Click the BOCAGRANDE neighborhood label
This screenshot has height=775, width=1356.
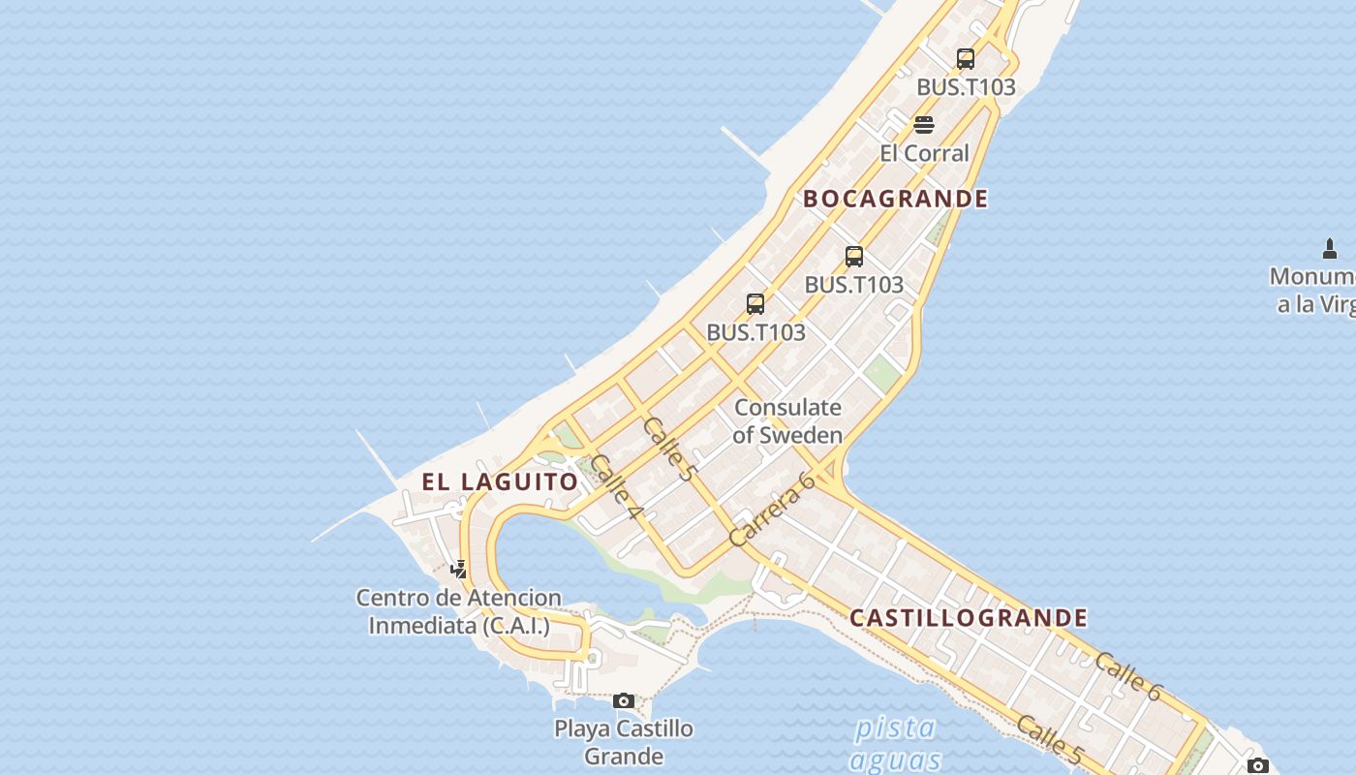tap(896, 199)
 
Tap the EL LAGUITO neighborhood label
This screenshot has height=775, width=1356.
tap(500, 481)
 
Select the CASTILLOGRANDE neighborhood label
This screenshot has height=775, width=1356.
tap(969, 618)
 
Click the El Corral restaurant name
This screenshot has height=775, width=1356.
tap(924, 153)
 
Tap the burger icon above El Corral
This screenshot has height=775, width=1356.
tap(924, 125)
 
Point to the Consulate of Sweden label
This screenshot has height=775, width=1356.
tap(787, 421)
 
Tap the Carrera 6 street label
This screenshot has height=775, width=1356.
tap(772, 511)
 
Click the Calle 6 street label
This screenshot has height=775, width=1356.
tap(1128, 676)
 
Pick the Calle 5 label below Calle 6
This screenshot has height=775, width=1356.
tap(1049, 739)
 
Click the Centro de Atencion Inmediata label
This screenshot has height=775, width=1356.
tap(459, 612)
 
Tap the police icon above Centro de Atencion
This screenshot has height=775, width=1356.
tap(459, 569)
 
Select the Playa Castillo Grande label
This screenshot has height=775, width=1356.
tap(624, 742)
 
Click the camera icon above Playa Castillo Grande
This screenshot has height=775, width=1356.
tap(624, 700)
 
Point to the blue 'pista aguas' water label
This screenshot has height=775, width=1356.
tap(896, 743)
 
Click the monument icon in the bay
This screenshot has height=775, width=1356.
tap(1330, 249)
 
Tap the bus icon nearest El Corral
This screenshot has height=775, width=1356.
tap(966, 59)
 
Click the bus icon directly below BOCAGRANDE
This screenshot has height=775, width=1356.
tap(854, 257)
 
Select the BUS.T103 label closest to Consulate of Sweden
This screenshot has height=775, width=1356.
tap(755, 332)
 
